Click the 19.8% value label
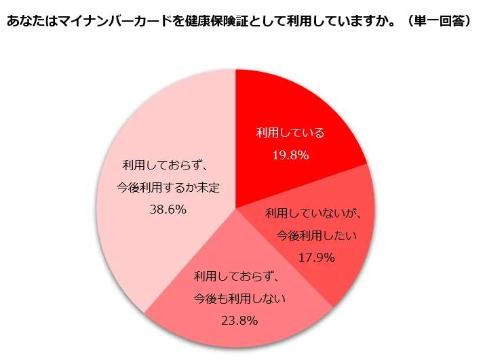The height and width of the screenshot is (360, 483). [x=290, y=155]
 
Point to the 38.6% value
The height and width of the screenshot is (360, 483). [x=168, y=209]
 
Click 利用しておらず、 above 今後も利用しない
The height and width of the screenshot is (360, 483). [x=237, y=276]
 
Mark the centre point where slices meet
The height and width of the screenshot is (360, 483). [x=235, y=208]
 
